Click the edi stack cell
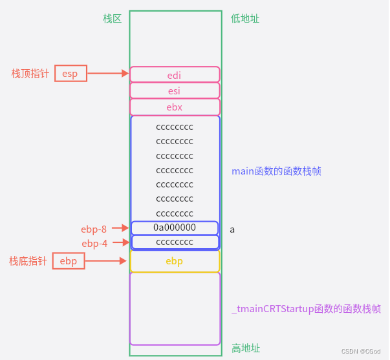(175, 74)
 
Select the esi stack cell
(175, 90)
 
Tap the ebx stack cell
(175, 107)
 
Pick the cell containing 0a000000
(175, 228)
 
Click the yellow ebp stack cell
(175, 261)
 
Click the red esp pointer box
(70, 74)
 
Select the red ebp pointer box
(69, 261)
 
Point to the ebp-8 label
(94, 228)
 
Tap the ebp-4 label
(94, 243)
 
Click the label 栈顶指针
(30, 74)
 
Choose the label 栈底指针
(28, 261)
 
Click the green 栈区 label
(112, 19)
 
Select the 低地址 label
(245, 19)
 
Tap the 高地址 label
(245, 348)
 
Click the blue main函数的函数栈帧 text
(276, 171)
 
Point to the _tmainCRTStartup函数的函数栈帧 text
(306, 310)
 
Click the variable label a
(232, 229)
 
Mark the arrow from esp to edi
(108, 74)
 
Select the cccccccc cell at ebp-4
(175, 242)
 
